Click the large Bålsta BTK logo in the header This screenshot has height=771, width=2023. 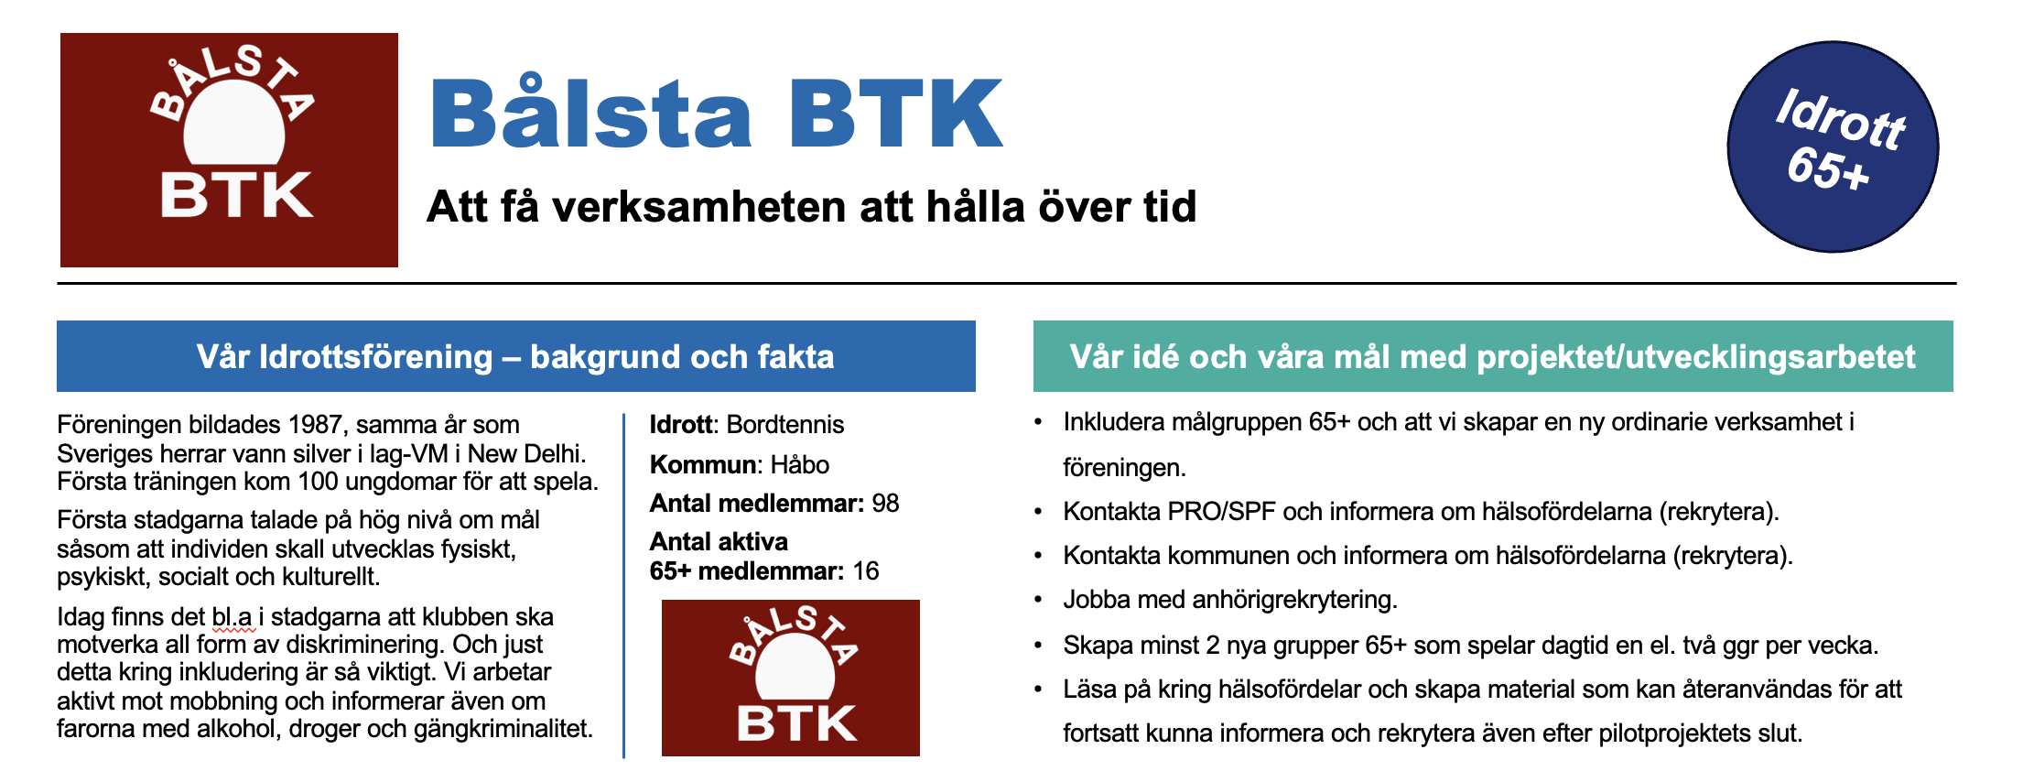[229, 150]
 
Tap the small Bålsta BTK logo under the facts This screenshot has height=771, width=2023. [791, 678]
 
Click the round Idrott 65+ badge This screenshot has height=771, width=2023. [1833, 147]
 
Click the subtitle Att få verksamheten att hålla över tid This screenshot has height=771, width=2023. [811, 207]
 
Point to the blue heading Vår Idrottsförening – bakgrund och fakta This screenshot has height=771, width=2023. [515, 356]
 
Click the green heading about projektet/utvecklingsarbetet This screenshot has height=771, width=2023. [1493, 356]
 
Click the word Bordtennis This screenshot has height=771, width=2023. [785, 425]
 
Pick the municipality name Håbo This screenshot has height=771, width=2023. [800, 464]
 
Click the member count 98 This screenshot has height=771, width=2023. [885, 504]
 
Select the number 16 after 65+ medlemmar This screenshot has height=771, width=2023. [866, 571]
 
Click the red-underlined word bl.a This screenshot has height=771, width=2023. [232, 617]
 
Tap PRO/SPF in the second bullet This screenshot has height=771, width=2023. [1222, 511]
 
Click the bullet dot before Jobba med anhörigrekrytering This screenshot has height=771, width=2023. [1038, 601]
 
